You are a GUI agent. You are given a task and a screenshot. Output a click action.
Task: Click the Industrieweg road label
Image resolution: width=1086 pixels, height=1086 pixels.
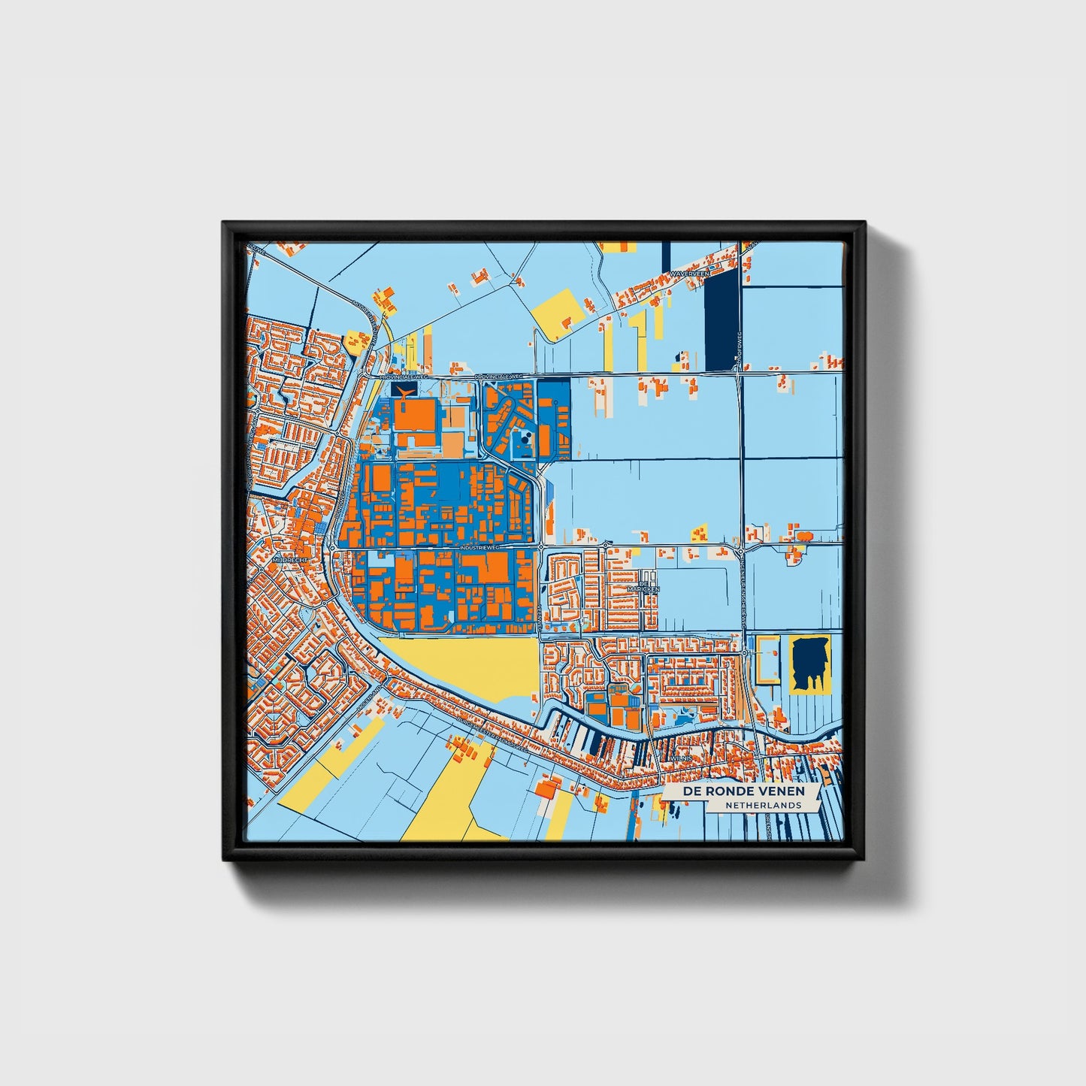(482, 548)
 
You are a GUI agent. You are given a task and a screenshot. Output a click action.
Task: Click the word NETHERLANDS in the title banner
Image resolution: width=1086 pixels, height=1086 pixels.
(763, 805)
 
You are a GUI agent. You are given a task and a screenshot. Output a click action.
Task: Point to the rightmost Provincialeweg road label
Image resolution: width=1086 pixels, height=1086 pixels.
(504, 376)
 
